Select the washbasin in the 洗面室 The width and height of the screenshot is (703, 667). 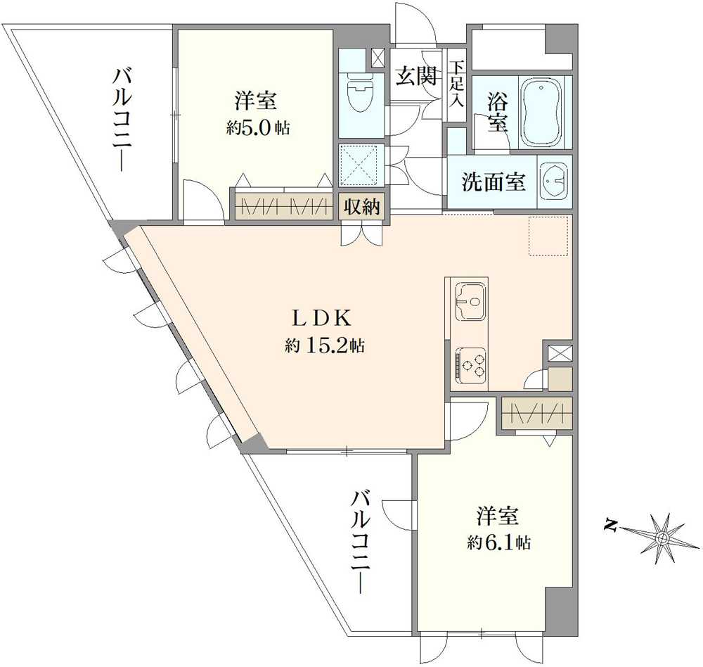553,182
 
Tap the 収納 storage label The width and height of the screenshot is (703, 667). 362,207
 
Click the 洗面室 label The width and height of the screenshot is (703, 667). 494,182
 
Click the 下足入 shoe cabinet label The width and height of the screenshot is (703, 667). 458,84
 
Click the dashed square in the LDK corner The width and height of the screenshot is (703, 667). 548,236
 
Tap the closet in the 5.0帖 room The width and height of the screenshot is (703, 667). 283,207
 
